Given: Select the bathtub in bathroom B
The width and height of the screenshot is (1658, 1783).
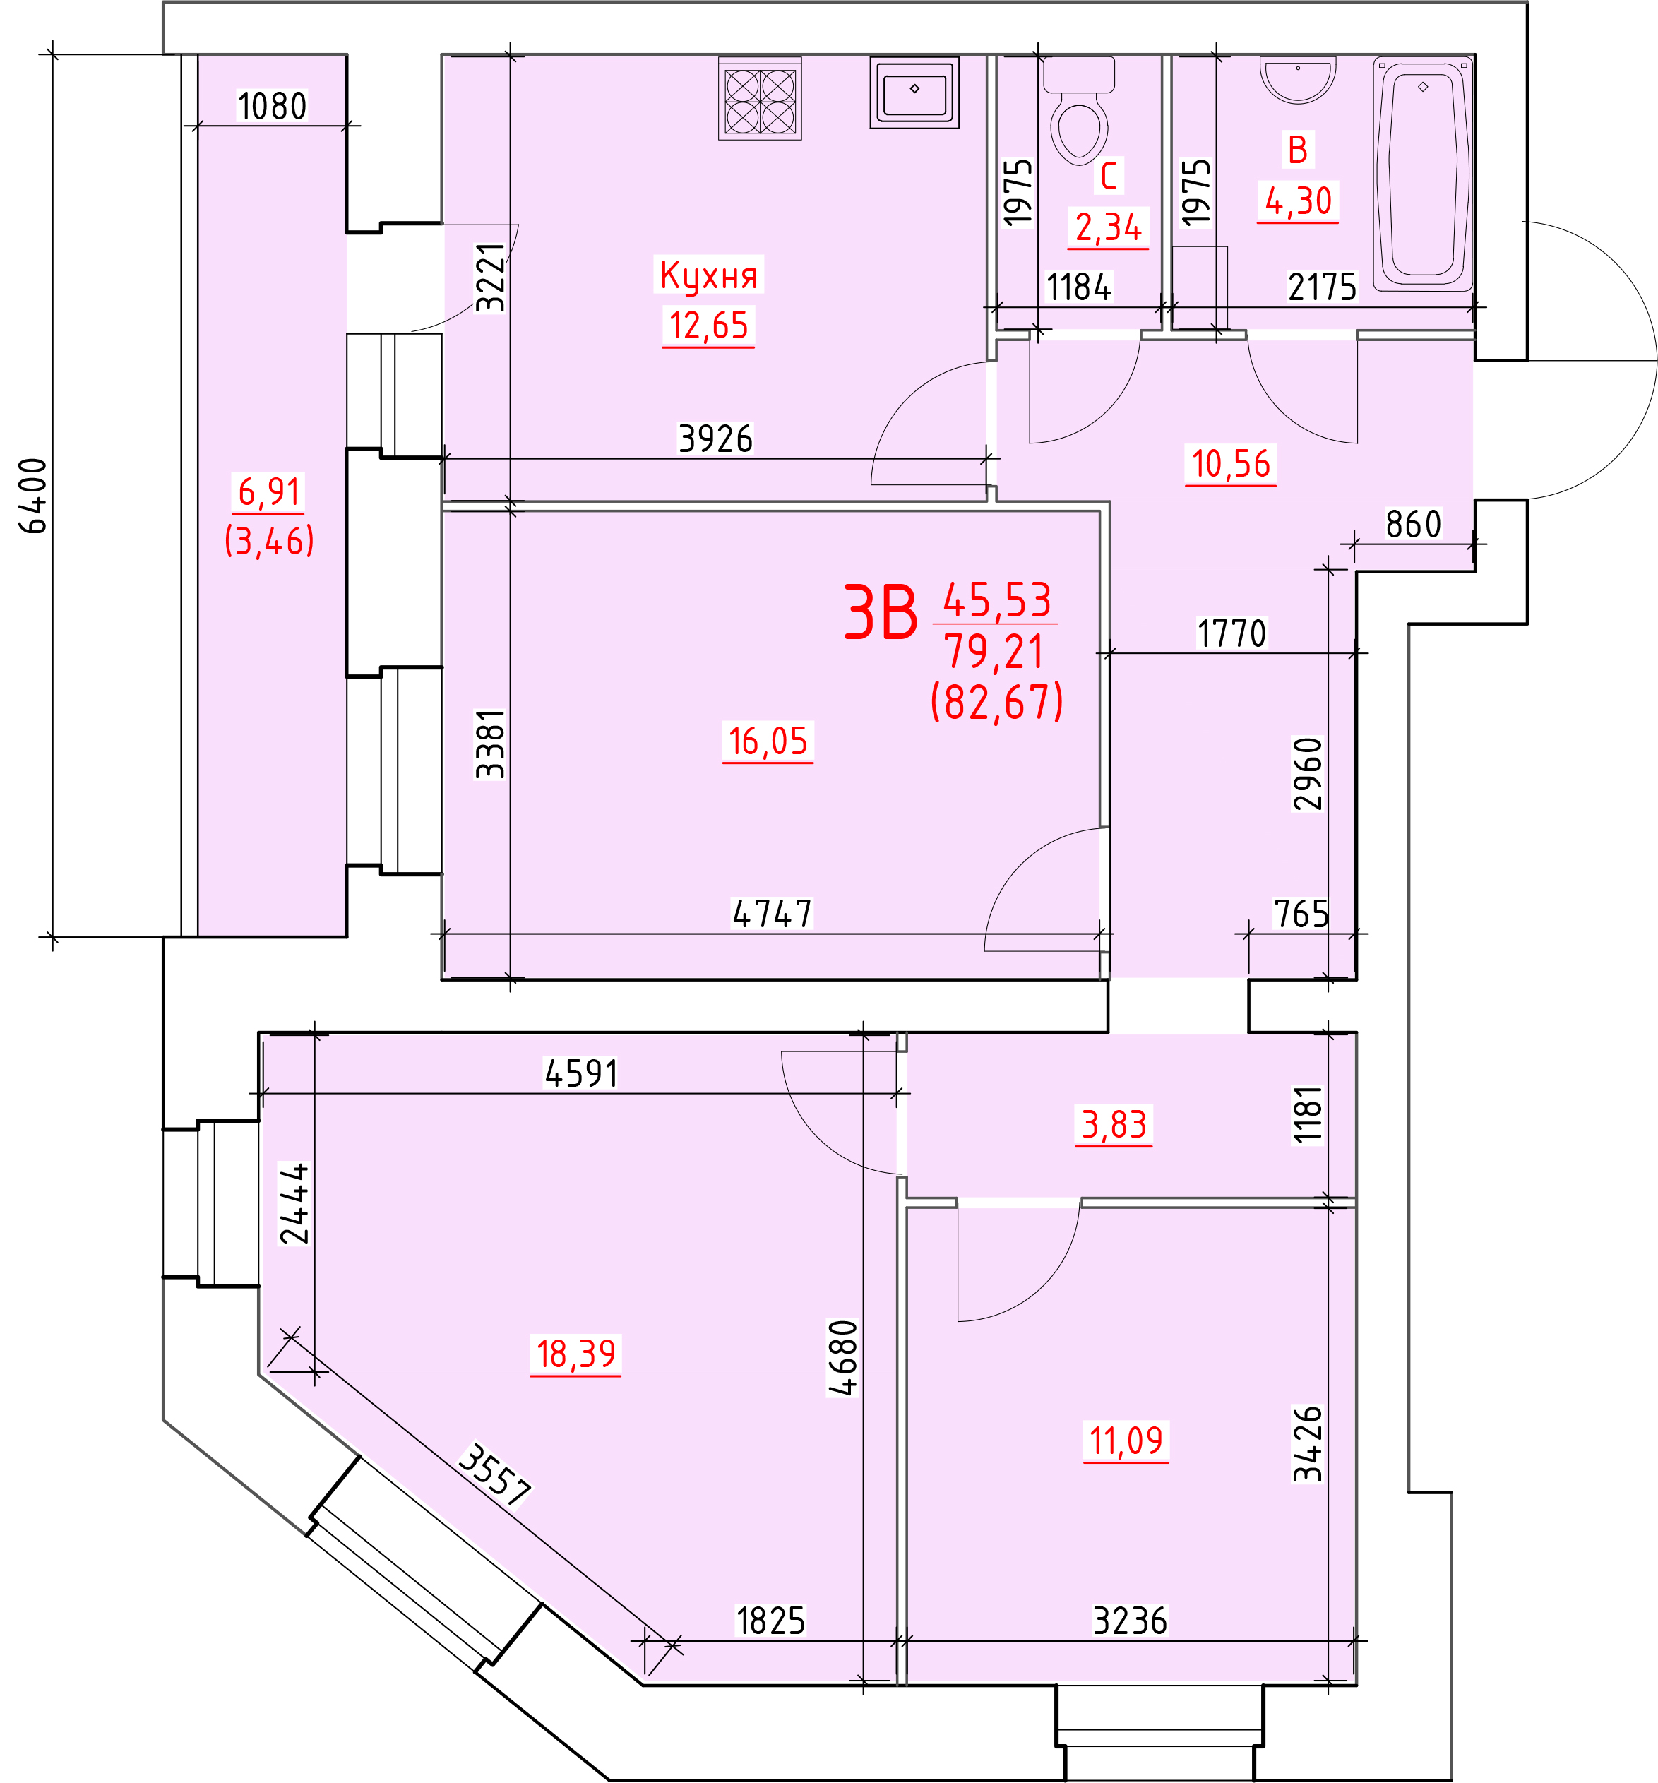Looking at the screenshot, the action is point(1423,173).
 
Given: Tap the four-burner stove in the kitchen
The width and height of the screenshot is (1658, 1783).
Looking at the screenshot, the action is point(760,99).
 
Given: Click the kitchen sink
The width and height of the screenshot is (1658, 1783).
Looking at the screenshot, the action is point(914,92).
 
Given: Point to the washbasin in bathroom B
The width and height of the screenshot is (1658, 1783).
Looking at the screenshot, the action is point(1298,79).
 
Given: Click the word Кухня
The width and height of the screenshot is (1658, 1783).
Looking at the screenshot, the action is point(708,275).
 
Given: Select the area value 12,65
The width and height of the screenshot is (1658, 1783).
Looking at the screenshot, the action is point(708,325).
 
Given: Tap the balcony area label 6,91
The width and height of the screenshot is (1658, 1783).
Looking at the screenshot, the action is point(269,491).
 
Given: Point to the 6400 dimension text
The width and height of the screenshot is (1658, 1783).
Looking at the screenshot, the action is point(34,496).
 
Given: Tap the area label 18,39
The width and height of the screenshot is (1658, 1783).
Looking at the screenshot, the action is point(575,1354).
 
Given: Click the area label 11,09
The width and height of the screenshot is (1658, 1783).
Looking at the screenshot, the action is point(1126,1441).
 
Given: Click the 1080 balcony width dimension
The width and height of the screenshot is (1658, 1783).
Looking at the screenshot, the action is point(272,107).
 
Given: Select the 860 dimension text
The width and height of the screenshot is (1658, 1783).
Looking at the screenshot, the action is point(1413,525).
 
